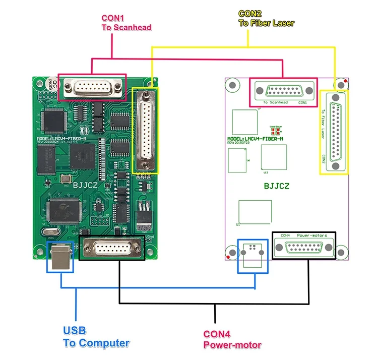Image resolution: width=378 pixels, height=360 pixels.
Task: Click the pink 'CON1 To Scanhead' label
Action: click(x=126, y=23)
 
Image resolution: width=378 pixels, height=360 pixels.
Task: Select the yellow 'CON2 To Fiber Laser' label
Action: click(x=266, y=18)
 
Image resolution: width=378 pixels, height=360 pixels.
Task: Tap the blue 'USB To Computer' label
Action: click(x=96, y=337)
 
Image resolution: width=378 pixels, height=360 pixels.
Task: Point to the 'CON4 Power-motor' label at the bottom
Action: click(x=232, y=339)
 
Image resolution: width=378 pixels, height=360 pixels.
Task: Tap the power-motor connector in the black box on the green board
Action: click(x=112, y=248)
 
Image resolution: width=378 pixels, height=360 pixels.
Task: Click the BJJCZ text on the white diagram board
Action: click(x=277, y=186)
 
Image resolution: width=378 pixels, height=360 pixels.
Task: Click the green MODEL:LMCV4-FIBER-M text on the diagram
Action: click(x=255, y=139)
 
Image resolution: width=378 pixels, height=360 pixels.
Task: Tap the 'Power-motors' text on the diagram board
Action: click(x=311, y=235)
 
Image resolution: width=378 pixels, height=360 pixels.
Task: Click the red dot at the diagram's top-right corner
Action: click(x=345, y=81)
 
